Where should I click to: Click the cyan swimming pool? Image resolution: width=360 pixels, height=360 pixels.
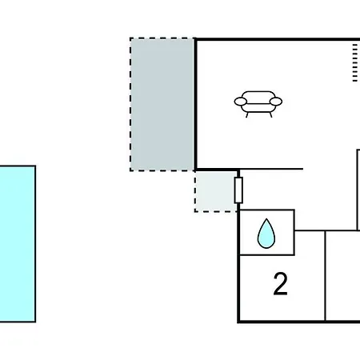[x=18, y=244]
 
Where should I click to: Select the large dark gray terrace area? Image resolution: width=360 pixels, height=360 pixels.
[x=162, y=104]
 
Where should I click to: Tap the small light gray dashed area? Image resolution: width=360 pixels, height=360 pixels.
[x=215, y=191]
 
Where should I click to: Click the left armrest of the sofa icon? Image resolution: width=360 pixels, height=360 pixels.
[x=240, y=102]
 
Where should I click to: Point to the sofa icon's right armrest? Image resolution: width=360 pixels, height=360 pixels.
[x=276, y=102]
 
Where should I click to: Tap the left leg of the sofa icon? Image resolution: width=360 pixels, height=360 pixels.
[x=247, y=115]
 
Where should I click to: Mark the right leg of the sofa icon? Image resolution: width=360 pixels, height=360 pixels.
[x=270, y=115]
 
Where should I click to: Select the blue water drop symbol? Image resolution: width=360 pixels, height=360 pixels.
[x=266, y=234]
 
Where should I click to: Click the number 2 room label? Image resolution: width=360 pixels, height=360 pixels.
[x=281, y=284]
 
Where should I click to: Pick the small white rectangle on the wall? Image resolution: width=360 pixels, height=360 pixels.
[x=238, y=190]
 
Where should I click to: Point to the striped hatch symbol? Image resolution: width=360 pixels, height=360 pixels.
[x=355, y=62]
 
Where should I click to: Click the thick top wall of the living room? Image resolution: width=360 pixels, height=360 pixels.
[x=277, y=39]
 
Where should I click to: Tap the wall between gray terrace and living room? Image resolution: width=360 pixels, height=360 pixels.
[x=195, y=104]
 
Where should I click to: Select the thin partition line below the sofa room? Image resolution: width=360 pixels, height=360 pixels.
[x=271, y=169]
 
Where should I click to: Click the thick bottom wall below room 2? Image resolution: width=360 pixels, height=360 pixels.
[x=298, y=322]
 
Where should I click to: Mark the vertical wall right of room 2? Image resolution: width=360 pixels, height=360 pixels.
[x=326, y=276]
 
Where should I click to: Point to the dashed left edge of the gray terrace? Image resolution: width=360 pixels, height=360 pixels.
[x=130, y=104]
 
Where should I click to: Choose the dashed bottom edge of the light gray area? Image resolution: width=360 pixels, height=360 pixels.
[x=216, y=212]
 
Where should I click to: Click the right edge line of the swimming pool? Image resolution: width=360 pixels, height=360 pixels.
[x=35, y=244]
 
